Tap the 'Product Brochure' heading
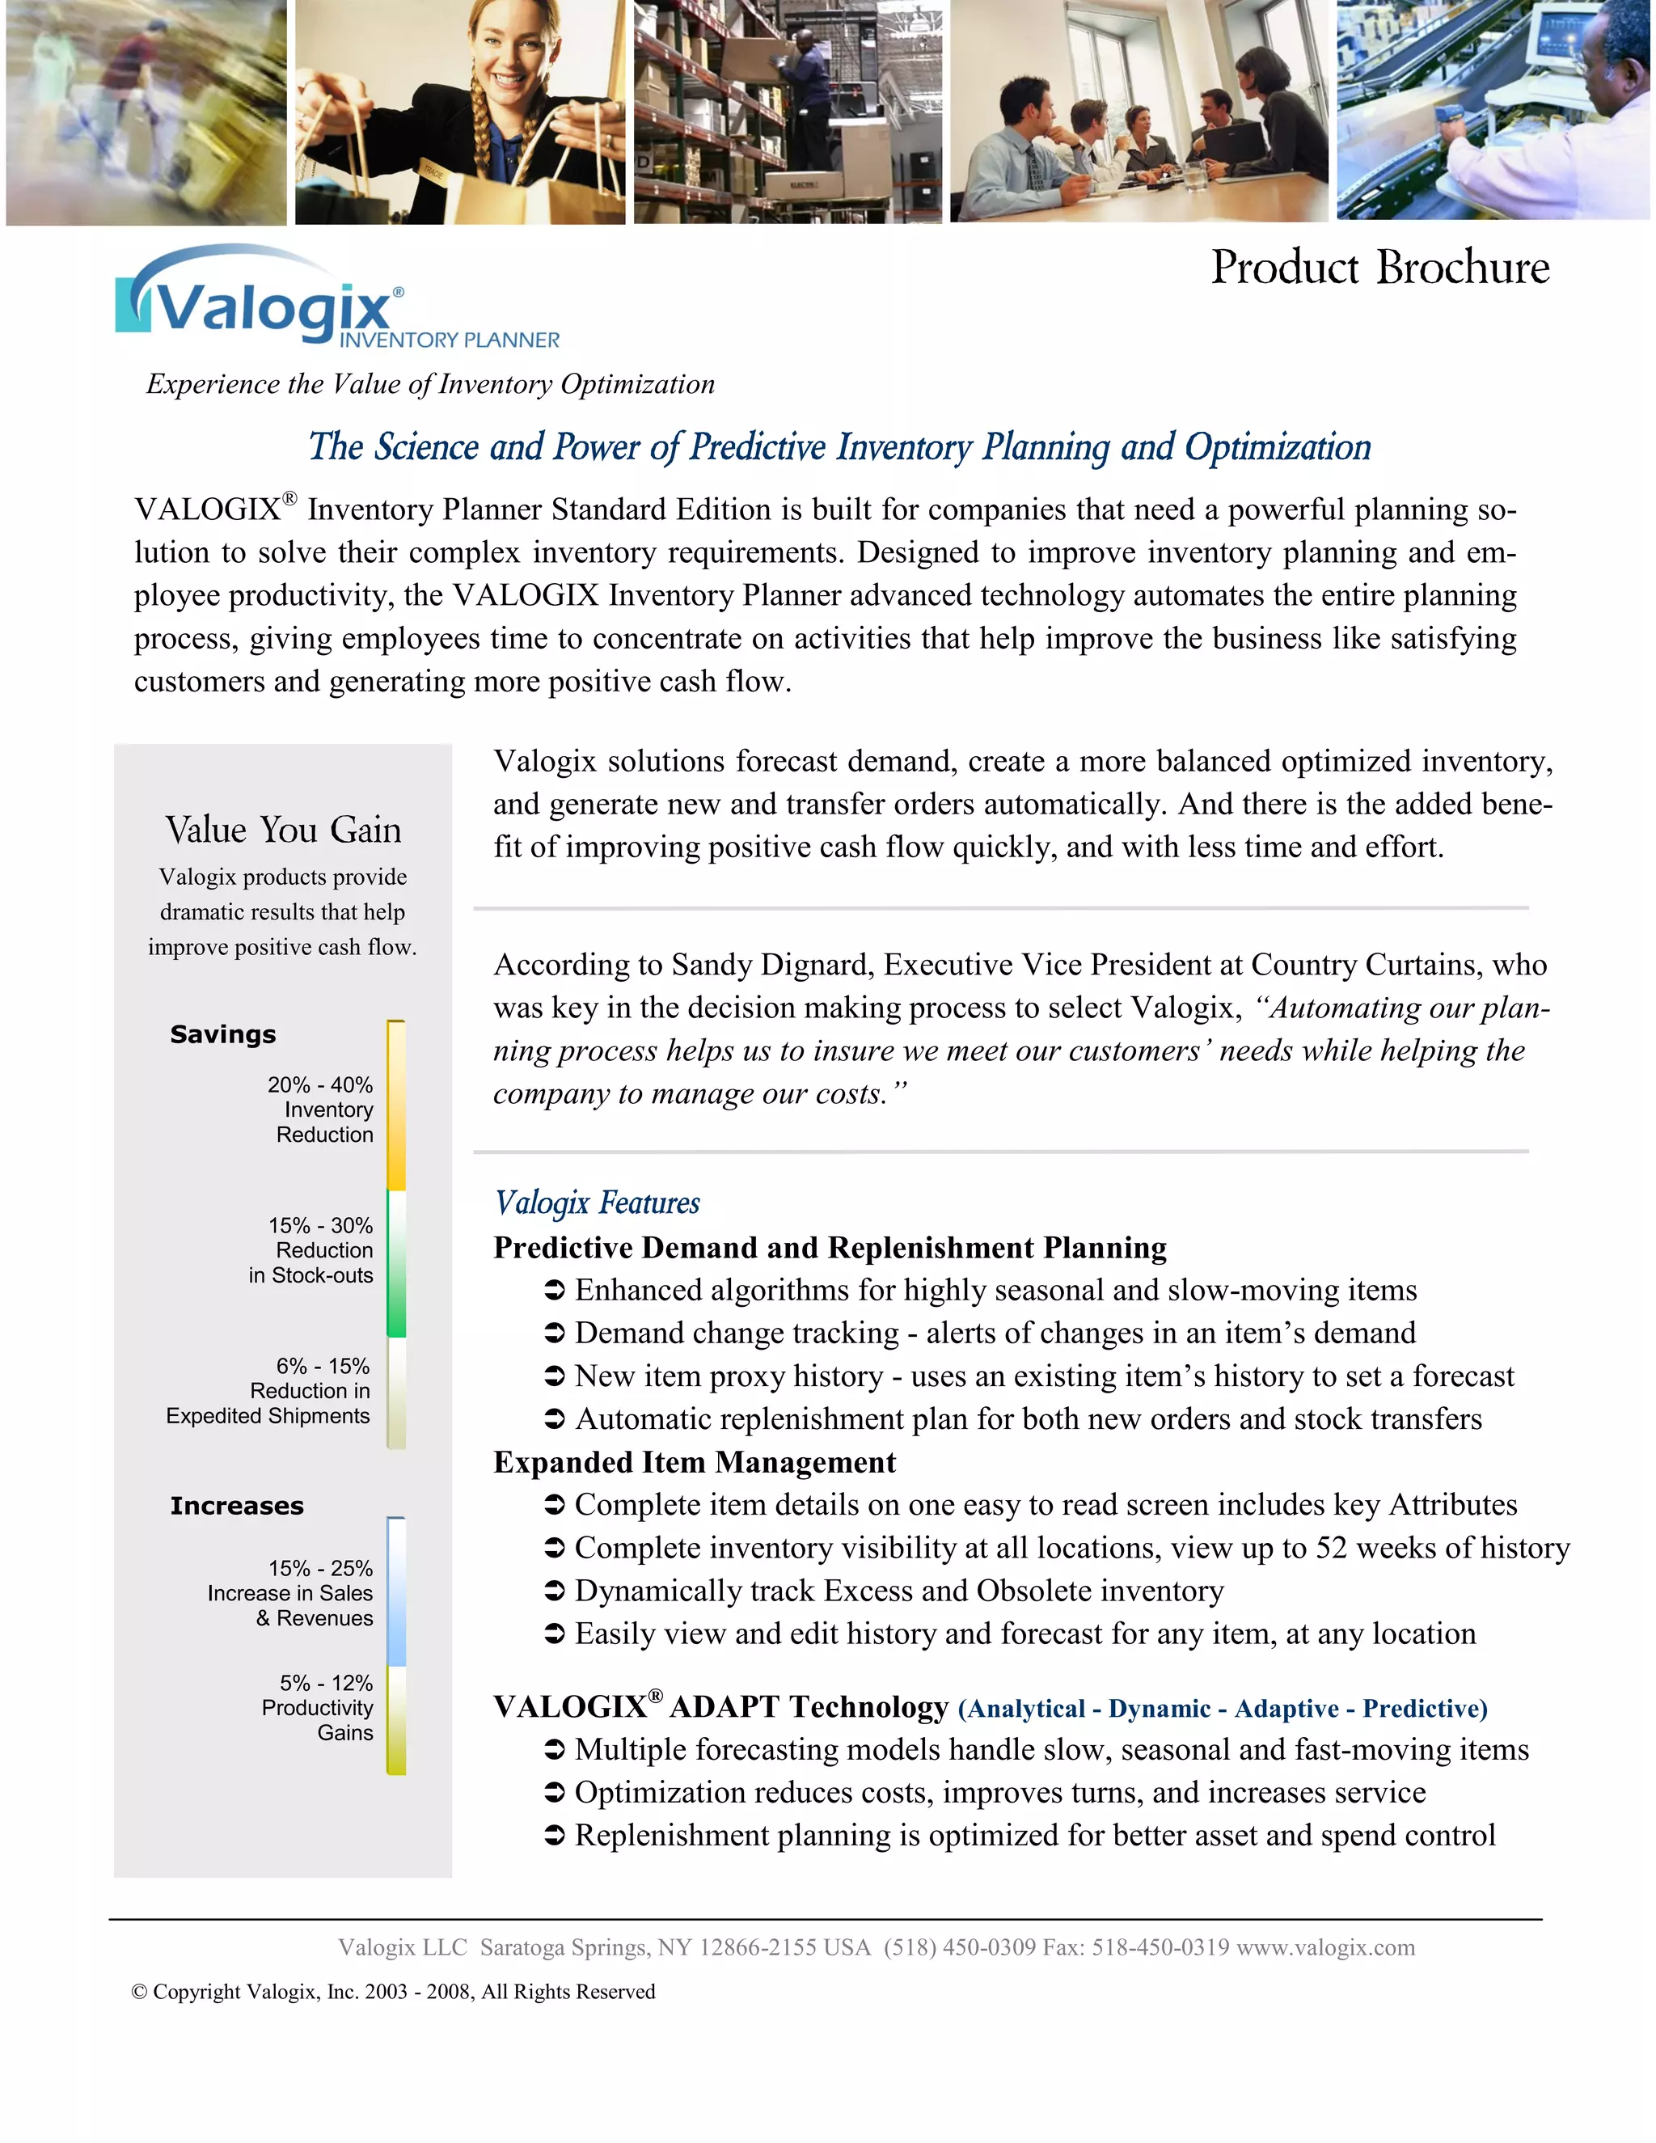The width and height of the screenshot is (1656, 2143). (x=1379, y=267)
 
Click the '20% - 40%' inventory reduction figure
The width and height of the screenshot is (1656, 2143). (x=320, y=1084)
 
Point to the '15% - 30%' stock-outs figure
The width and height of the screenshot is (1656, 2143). (x=320, y=1224)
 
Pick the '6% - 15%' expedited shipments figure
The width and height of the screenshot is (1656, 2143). (x=322, y=1365)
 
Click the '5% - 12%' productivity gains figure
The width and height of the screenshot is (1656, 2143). (x=326, y=1682)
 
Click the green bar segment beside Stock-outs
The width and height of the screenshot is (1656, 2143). (x=396, y=1266)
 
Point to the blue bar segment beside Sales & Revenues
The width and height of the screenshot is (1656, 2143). (x=396, y=1595)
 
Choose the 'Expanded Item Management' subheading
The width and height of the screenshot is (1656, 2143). (x=694, y=1462)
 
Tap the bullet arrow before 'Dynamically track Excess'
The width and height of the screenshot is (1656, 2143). (x=554, y=1591)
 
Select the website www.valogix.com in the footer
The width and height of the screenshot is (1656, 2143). (x=1324, y=1946)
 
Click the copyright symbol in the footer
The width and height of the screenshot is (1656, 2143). (x=139, y=1991)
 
